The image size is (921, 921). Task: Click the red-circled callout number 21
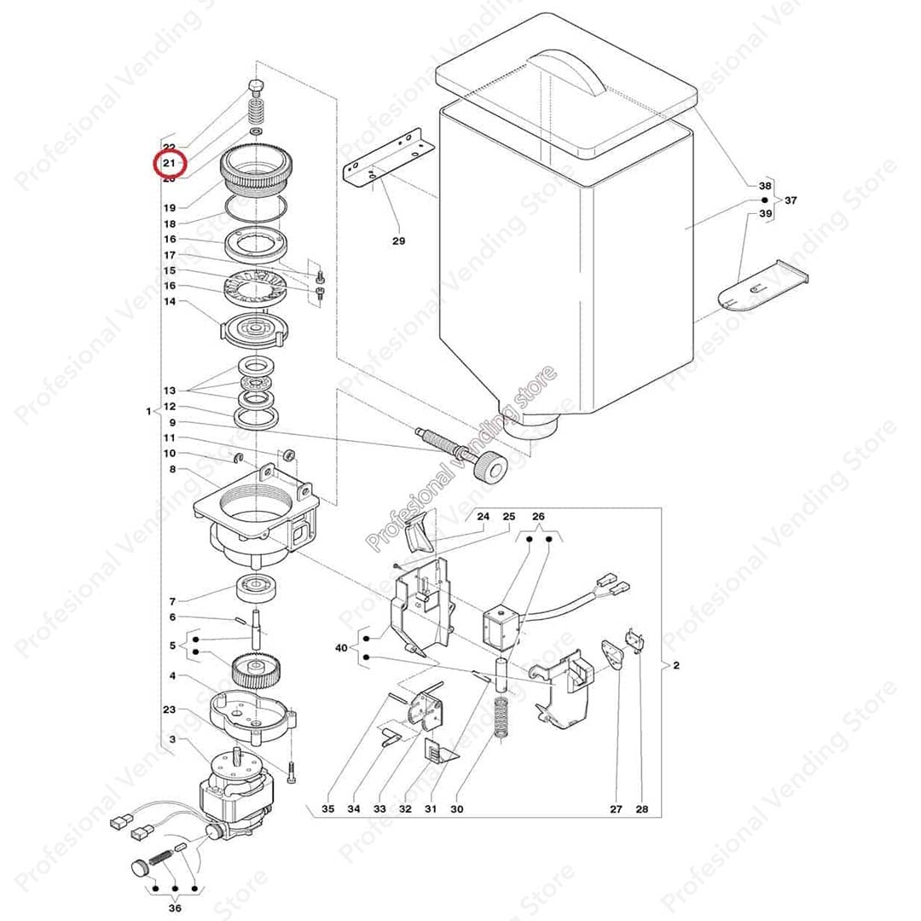[x=169, y=163]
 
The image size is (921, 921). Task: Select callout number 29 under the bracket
[x=398, y=241]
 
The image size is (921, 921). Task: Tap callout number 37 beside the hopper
[x=791, y=200]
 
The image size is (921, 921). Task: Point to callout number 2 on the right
[x=675, y=665]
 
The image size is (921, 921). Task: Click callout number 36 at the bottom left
[x=176, y=908]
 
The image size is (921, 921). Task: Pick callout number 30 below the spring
[x=456, y=808]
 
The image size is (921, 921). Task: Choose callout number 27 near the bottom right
[x=616, y=808]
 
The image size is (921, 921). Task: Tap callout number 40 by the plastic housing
[x=342, y=648]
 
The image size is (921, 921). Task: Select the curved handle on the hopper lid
[x=566, y=72]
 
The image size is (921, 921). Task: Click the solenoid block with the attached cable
[x=501, y=627]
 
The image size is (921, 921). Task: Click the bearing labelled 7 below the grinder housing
[x=257, y=589]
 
